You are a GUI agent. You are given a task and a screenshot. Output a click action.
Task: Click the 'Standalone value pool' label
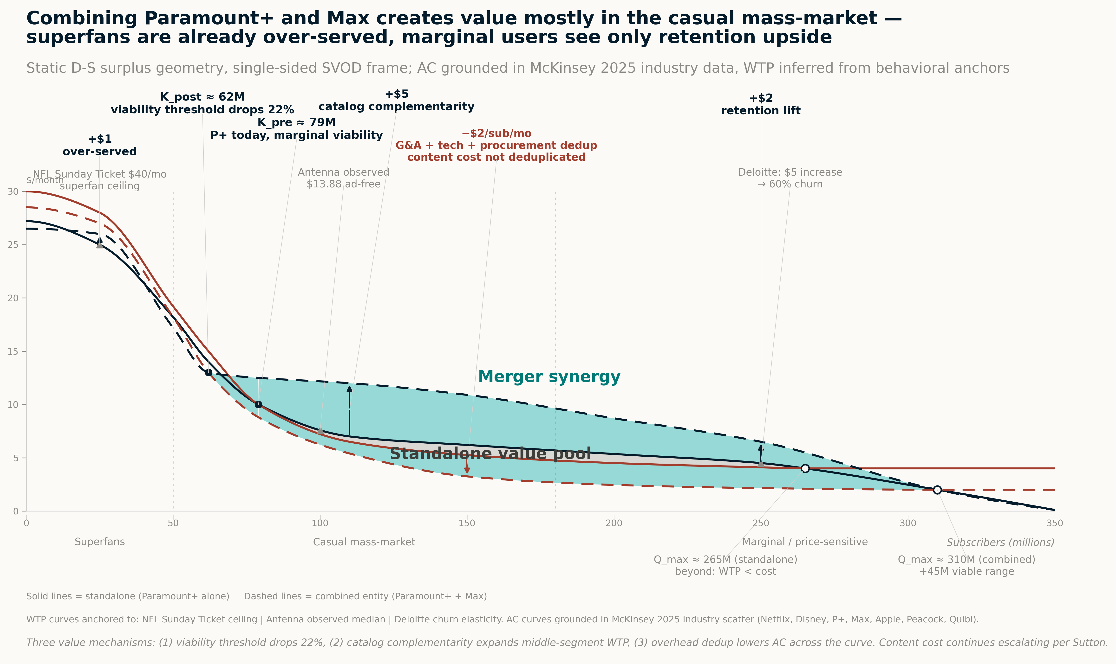[x=490, y=454]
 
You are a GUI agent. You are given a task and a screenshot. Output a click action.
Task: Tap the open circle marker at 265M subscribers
[x=805, y=468]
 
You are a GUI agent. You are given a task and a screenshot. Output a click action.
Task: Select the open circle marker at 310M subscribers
[x=937, y=490]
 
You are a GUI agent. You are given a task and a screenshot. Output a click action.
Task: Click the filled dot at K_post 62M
[x=208, y=372]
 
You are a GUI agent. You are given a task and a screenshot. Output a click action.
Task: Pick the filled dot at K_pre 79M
[x=258, y=404]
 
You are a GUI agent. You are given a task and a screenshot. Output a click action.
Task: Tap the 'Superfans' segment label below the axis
[x=99, y=542]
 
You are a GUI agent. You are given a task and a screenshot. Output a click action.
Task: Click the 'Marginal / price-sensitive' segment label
[x=805, y=542]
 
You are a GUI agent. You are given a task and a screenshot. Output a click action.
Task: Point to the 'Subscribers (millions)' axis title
[x=1000, y=542]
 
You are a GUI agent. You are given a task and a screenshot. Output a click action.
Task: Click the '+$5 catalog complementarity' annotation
[x=396, y=100]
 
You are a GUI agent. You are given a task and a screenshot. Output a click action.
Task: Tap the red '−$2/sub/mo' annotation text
[x=496, y=133]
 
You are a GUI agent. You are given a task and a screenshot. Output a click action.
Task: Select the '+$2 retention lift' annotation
[x=760, y=104]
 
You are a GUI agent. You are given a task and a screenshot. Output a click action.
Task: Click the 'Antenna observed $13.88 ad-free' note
[x=344, y=178]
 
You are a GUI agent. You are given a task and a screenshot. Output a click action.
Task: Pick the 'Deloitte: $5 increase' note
[x=790, y=172]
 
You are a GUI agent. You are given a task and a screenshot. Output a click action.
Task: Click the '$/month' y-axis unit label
[x=45, y=180]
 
